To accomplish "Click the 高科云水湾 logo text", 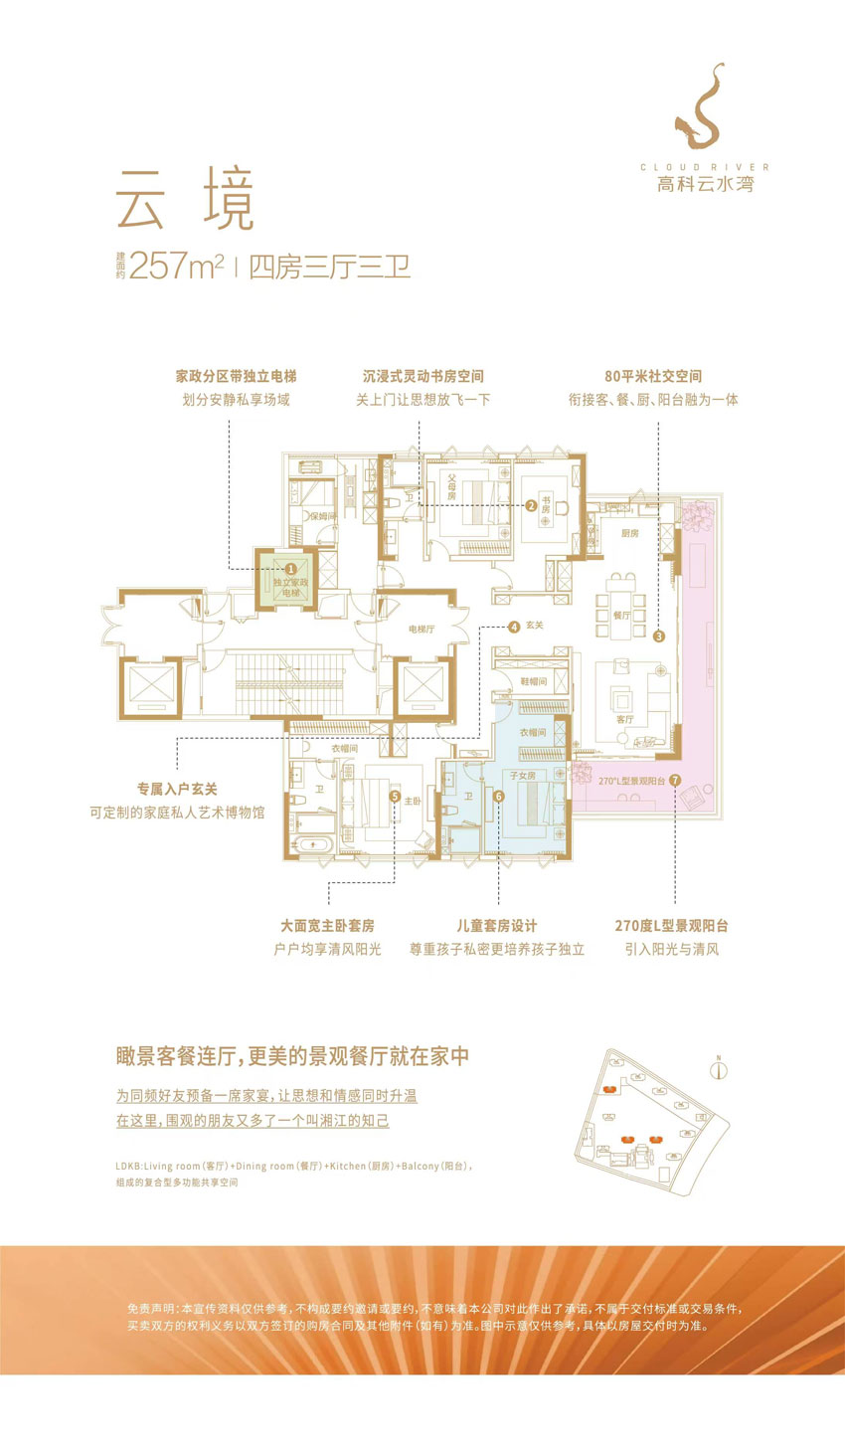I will click(705, 184).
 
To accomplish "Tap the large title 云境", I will click(185, 199).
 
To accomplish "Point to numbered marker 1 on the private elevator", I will click(290, 569).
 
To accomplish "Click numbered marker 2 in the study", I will click(531, 505).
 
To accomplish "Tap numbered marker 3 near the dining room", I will click(658, 636).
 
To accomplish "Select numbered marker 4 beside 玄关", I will click(514, 627).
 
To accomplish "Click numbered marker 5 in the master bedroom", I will click(395, 797).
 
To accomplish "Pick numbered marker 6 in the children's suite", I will click(498, 797).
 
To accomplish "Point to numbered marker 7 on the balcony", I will click(675, 781).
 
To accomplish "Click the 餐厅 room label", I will click(621, 616).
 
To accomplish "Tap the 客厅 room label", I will click(624, 719).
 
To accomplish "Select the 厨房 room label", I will click(630, 534).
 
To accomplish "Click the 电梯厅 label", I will click(422, 630).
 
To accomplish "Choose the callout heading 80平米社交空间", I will click(652, 376).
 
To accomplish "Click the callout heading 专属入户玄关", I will click(177, 789).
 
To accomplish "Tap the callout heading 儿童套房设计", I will click(496, 926).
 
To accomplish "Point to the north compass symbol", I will click(719, 1070).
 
